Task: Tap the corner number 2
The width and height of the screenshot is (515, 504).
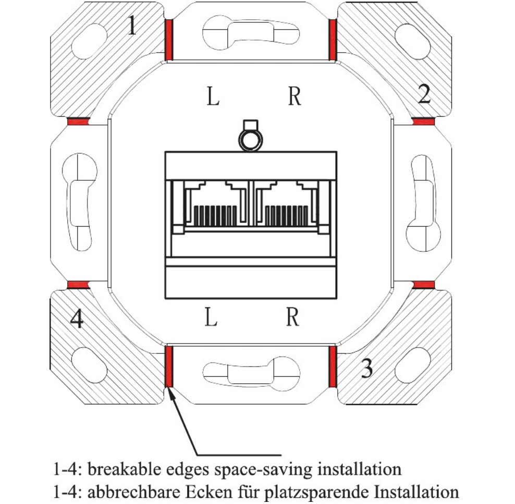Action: click(424, 94)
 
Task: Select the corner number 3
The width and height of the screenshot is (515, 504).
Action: click(366, 369)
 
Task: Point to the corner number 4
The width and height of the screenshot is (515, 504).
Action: click(76, 319)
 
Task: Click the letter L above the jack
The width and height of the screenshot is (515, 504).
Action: click(212, 96)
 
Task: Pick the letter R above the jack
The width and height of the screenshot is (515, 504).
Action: click(295, 96)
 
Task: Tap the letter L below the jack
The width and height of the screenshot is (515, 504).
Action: click(211, 317)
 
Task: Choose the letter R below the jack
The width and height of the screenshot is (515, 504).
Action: click(292, 317)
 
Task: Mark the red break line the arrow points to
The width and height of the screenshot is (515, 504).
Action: click(169, 367)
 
